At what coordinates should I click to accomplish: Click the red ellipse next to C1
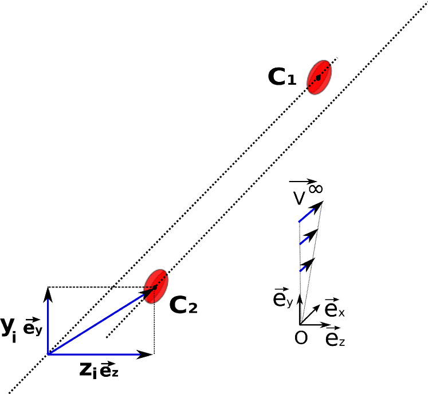(x=319, y=76)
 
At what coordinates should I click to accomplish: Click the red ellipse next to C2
(x=155, y=286)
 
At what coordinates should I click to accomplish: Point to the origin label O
(x=300, y=338)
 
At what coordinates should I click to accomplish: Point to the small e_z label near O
(x=335, y=338)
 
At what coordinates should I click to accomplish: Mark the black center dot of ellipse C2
(x=154, y=287)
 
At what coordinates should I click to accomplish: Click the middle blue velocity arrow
(x=308, y=237)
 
